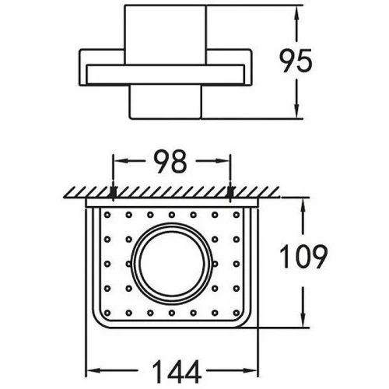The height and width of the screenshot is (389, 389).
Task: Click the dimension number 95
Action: (x=296, y=61)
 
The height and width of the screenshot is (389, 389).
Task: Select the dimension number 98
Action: (x=170, y=161)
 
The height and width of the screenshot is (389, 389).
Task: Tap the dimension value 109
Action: (x=303, y=257)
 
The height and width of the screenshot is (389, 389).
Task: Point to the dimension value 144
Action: (x=177, y=372)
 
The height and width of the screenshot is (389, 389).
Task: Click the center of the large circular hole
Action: (x=172, y=264)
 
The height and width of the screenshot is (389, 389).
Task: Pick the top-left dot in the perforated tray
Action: (x=107, y=215)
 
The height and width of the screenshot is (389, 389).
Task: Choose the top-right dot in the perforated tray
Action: (x=237, y=215)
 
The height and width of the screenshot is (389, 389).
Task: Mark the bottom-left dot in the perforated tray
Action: (x=107, y=313)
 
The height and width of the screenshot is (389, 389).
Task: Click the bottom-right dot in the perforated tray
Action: (x=237, y=313)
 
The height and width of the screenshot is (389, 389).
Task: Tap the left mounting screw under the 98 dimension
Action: (x=113, y=192)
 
